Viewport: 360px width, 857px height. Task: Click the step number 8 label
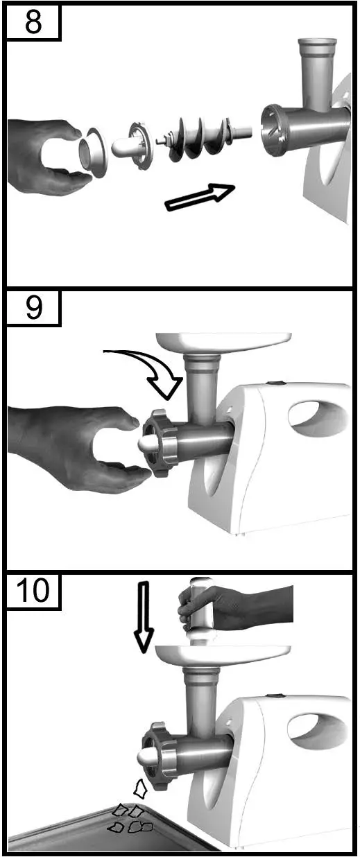coord(33,23)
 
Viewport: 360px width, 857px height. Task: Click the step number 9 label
coord(33,308)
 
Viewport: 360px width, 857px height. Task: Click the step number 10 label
coord(33,591)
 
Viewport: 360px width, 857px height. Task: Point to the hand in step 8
coord(45,153)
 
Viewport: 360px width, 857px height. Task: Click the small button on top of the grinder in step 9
coord(277,382)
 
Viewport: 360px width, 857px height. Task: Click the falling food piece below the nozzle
coord(141,788)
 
